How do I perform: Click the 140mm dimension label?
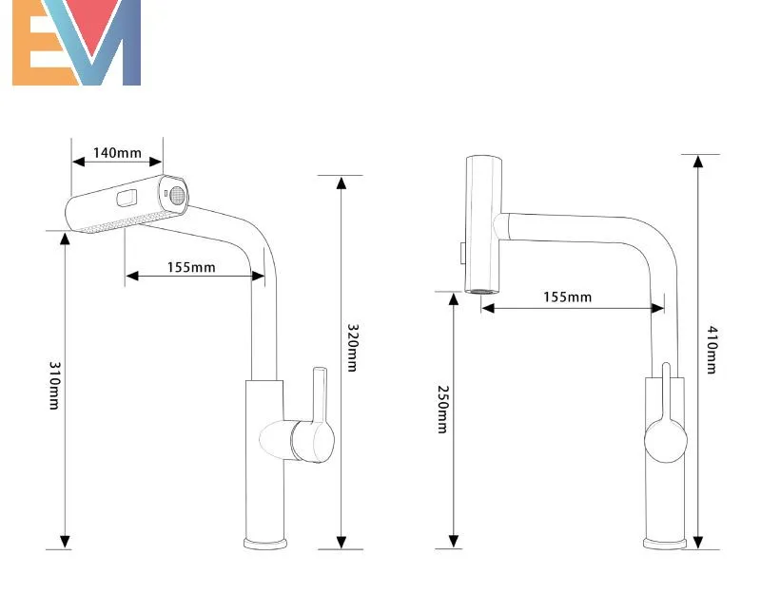117,153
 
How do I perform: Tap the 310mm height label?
55,386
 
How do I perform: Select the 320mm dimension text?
352,347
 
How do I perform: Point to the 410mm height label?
712,350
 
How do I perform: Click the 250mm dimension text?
442,409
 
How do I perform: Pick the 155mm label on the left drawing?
191,267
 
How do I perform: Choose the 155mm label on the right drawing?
567,297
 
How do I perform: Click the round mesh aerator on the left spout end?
178,195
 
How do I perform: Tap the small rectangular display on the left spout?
127,198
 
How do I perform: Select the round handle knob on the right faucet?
665,440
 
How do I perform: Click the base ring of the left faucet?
265,544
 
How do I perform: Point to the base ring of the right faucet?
665,544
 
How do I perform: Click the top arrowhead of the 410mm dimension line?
698,161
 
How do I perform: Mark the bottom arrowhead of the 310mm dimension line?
65,542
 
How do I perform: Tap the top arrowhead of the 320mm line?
341,182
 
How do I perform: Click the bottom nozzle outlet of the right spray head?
481,291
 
